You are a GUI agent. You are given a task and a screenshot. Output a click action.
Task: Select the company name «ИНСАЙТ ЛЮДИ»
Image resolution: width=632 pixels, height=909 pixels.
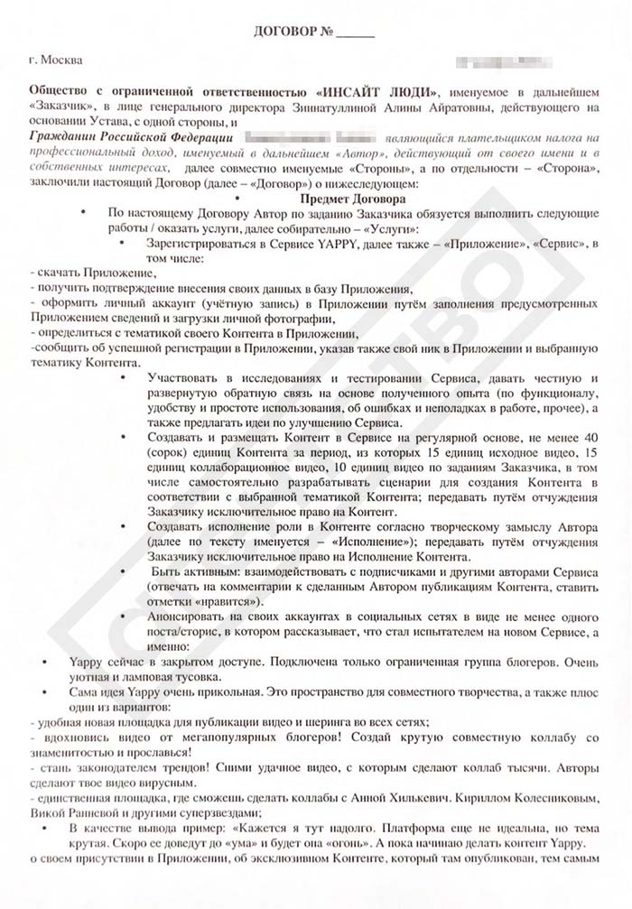[x=378, y=93]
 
